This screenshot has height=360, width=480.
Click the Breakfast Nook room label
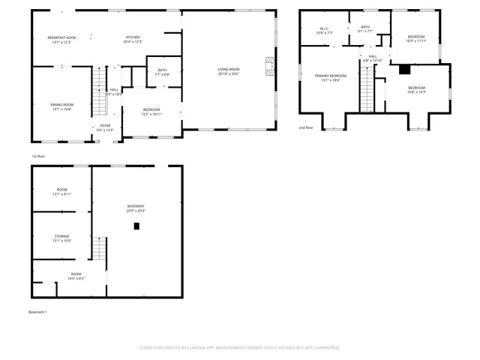(x=61, y=37)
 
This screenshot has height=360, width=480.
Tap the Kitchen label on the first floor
(x=133, y=37)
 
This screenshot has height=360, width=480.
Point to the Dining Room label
(x=61, y=105)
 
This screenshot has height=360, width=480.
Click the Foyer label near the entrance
(x=106, y=126)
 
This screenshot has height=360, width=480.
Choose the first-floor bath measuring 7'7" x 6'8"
(x=162, y=70)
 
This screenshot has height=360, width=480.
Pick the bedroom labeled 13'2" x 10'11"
(x=152, y=110)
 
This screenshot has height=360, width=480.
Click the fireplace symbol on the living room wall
(x=268, y=65)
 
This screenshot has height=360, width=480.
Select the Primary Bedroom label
(x=331, y=76)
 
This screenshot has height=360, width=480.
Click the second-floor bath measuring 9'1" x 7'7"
(x=365, y=28)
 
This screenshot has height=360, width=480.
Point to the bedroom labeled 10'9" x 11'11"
(x=416, y=37)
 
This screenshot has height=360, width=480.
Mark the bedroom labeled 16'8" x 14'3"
(x=416, y=89)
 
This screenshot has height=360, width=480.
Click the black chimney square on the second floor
(x=404, y=70)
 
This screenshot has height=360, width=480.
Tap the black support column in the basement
(x=136, y=225)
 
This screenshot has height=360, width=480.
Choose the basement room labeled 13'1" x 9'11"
(x=61, y=190)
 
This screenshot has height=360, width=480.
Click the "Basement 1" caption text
(x=38, y=311)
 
